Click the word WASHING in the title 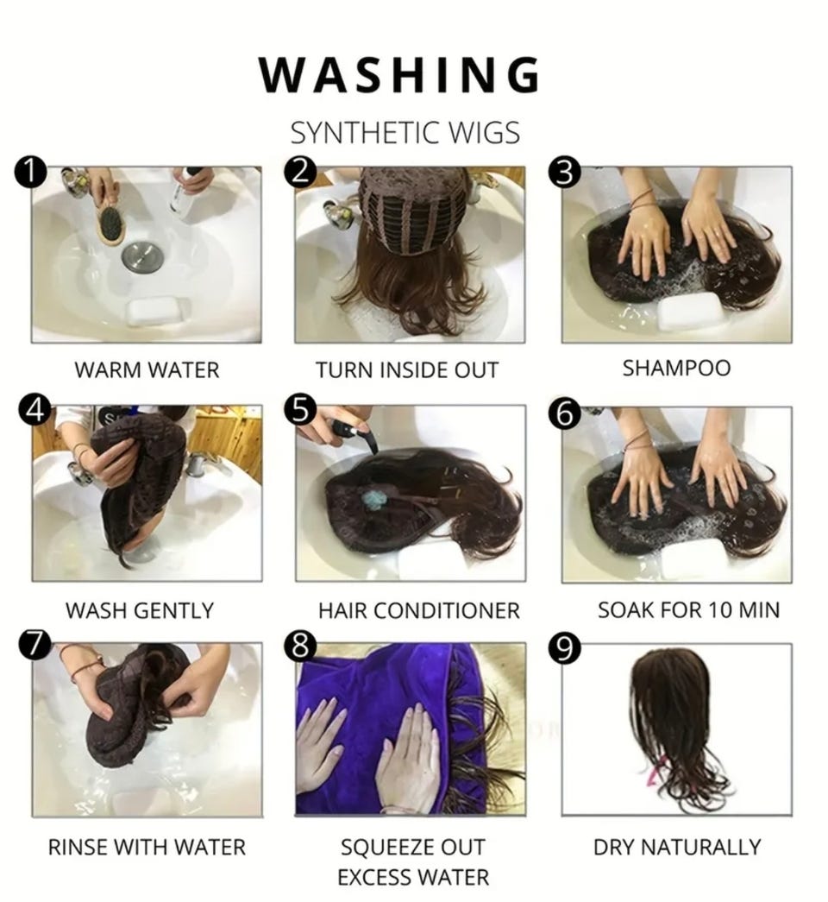(x=399, y=74)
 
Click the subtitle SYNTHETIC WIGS (x=405, y=133)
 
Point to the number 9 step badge (x=565, y=648)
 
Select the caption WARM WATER (x=147, y=370)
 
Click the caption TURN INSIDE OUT (x=406, y=370)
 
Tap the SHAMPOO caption (x=676, y=369)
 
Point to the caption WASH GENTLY (x=139, y=610)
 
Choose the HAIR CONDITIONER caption (x=418, y=610)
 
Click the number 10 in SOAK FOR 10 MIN (x=718, y=609)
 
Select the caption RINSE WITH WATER (x=147, y=848)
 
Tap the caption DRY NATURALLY (x=677, y=848)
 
